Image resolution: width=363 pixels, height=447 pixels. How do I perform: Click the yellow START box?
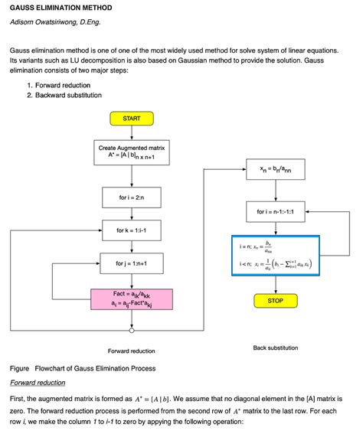pyautogui.click(x=132, y=118)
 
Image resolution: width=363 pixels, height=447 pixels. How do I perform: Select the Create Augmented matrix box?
pyautogui.click(x=132, y=151)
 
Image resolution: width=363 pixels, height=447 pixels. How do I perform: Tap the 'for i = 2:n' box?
pyautogui.click(x=132, y=197)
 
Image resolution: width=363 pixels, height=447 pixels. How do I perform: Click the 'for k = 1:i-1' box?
pyautogui.click(x=132, y=230)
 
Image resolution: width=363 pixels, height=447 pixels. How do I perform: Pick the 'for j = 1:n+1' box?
pyautogui.click(x=132, y=263)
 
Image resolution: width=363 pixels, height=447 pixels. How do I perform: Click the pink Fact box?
pyautogui.click(x=132, y=299)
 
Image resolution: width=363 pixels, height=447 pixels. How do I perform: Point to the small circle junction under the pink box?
pyautogui.click(x=132, y=331)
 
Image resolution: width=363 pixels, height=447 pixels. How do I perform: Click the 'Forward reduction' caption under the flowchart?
pyautogui.click(x=132, y=351)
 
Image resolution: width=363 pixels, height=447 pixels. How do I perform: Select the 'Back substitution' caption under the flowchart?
pyautogui.click(x=275, y=347)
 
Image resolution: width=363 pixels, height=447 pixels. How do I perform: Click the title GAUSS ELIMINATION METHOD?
pyautogui.click(x=60, y=8)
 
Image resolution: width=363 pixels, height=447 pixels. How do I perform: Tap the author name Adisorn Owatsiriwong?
pyautogui.click(x=55, y=23)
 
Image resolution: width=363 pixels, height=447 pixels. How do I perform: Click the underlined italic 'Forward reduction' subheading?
pyautogui.click(x=38, y=383)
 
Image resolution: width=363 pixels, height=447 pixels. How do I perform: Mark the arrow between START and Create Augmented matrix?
pyautogui.click(x=132, y=132)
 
